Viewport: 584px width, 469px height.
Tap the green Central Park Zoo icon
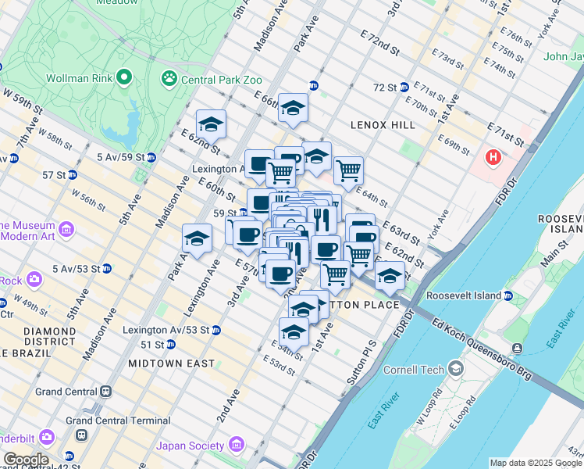[x=168, y=78]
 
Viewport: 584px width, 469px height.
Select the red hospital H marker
[x=493, y=158]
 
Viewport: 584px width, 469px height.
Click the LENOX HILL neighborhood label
[x=382, y=125]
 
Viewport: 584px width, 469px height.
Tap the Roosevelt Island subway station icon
[x=507, y=296]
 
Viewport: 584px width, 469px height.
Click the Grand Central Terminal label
[x=118, y=420]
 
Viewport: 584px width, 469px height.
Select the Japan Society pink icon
[x=236, y=446]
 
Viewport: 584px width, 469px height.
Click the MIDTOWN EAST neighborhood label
[x=171, y=363]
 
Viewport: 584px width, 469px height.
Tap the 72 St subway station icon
[x=404, y=88]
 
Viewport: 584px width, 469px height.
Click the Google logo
[x=25, y=460]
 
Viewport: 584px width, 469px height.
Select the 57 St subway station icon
[x=72, y=174]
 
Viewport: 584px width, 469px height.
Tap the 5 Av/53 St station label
[x=76, y=269]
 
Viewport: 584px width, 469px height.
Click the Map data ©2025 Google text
[x=535, y=463]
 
